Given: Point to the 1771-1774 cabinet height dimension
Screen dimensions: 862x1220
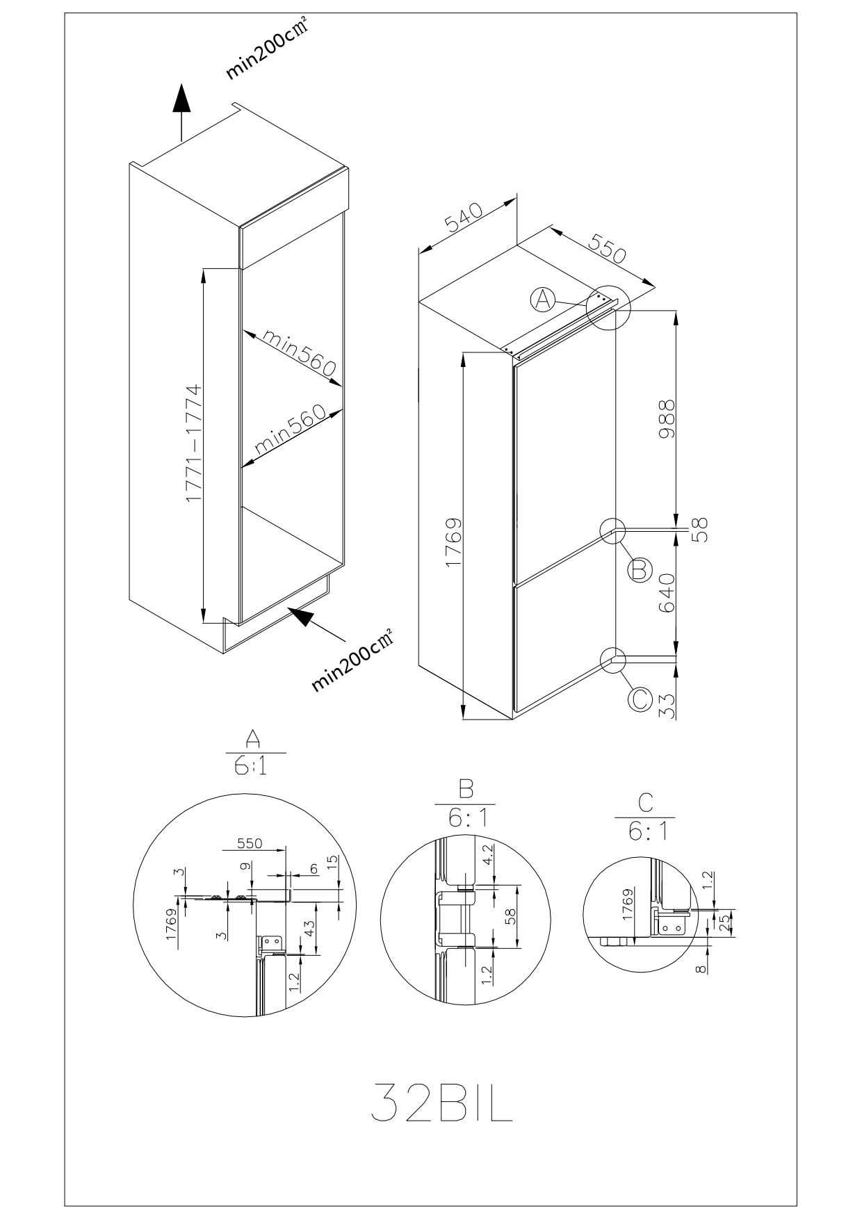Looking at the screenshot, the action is click(193, 444).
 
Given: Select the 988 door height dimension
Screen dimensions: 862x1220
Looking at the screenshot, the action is click(666, 418).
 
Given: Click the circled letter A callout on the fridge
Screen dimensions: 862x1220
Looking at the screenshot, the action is click(543, 300).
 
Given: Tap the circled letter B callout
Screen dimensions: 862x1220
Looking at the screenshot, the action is click(640, 570).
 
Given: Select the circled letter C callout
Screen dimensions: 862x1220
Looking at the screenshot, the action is click(640, 699).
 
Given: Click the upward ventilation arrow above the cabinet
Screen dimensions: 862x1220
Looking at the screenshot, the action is click(181, 112).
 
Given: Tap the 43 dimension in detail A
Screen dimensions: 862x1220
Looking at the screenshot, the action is click(309, 929).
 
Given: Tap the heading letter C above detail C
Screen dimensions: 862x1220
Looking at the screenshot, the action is click(645, 803).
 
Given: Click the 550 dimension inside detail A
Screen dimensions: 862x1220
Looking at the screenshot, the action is click(250, 843).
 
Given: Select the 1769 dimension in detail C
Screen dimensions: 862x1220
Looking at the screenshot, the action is click(627, 905).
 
